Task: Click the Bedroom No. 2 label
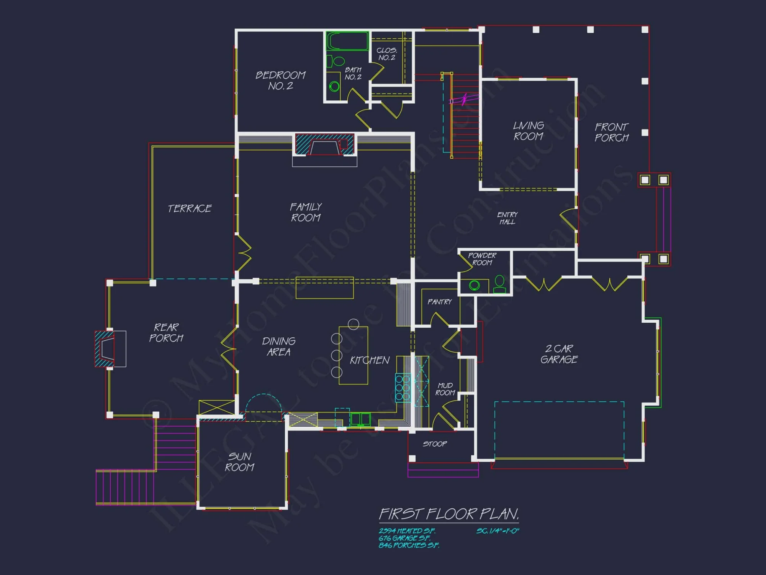(280, 80)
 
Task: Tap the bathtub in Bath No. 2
(347, 41)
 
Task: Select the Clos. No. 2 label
(387, 54)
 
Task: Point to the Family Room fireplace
(325, 145)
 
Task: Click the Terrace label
(190, 209)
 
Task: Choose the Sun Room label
(240, 462)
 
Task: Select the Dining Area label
(278, 347)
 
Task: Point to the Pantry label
(439, 302)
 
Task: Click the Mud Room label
(445, 389)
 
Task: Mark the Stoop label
(435, 444)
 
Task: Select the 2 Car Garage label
(559, 354)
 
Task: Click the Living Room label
(529, 131)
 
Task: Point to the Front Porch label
(612, 132)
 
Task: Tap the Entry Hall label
(507, 218)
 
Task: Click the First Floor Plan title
(449, 514)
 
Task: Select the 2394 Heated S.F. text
(407, 531)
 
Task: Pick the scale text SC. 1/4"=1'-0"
(498, 531)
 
